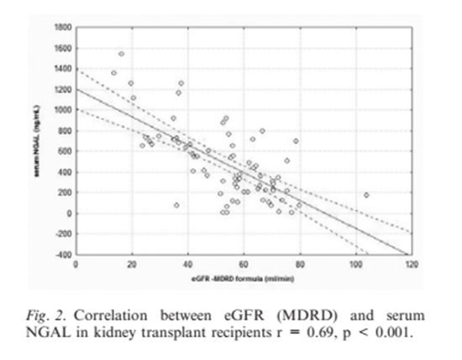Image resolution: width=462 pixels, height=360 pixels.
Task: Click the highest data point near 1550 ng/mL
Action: (121, 54)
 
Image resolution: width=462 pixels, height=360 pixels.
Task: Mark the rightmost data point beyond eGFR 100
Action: (366, 195)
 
